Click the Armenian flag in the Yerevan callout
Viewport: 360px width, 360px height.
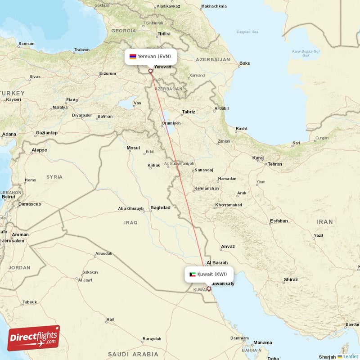(133, 57)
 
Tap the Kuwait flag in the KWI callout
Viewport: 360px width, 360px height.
(193, 274)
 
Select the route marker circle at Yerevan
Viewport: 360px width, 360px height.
(151, 71)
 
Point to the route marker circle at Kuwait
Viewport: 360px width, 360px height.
(209, 288)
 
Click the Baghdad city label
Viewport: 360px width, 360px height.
(161, 207)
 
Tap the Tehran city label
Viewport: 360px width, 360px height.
(274, 164)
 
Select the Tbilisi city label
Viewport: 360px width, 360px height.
(164, 34)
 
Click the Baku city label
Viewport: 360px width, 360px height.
(245, 63)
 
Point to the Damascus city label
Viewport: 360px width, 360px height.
(30, 204)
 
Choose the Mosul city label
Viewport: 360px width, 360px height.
(133, 148)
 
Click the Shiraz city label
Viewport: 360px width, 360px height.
(291, 279)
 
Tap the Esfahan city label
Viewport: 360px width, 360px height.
(279, 221)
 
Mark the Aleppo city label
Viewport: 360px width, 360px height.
(39, 150)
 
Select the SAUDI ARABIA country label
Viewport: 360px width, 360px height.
(133, 354)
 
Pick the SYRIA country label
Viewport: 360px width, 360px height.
(54, 177)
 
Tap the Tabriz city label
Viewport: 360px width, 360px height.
(189, 112)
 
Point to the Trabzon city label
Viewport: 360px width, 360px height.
(82, 50)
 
